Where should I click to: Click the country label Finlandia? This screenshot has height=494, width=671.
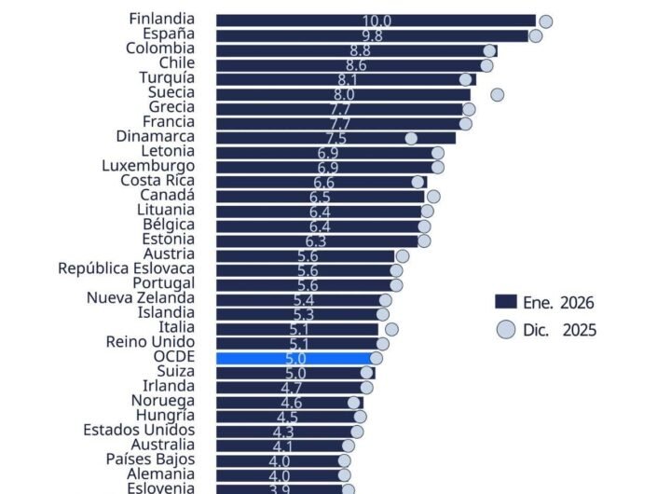pyautogui.click(x=161, y=19)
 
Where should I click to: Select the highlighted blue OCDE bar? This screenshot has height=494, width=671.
pyautogui.click(x=294, y=358)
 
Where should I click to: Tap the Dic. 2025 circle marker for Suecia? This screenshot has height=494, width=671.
pyautogui.click(x=497, y=94)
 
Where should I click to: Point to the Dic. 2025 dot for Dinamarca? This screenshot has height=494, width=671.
pyautogui.click(x=411, y=138)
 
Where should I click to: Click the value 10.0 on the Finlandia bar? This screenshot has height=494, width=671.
pyautogui.click(x=377, y=21)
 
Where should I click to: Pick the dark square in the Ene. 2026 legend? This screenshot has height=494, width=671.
pyautogui.click(x=506, y=302)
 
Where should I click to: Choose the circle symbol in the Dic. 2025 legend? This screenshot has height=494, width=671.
pyautogui.click(x=506, y=329)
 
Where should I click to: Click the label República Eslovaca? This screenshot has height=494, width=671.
pyautogui.click(x=126, y=269)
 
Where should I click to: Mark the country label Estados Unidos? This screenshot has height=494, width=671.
pyautogui.click(x=139, y=430)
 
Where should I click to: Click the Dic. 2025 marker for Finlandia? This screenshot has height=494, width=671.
pyautogui.click(x=546, y=21)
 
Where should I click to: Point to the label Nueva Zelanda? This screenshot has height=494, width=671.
pyautogui.click(x=141, y=298)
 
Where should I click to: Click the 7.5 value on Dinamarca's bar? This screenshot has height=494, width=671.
pyautogui.click(x=335, y=138)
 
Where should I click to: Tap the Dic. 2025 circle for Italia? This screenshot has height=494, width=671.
pyautogui.click(x=391, y=329)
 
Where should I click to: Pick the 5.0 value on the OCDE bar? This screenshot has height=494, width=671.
pyautogui.click(x=294, y=359)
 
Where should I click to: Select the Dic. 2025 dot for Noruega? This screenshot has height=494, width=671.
pyautogui.click(x=354, y=403)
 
